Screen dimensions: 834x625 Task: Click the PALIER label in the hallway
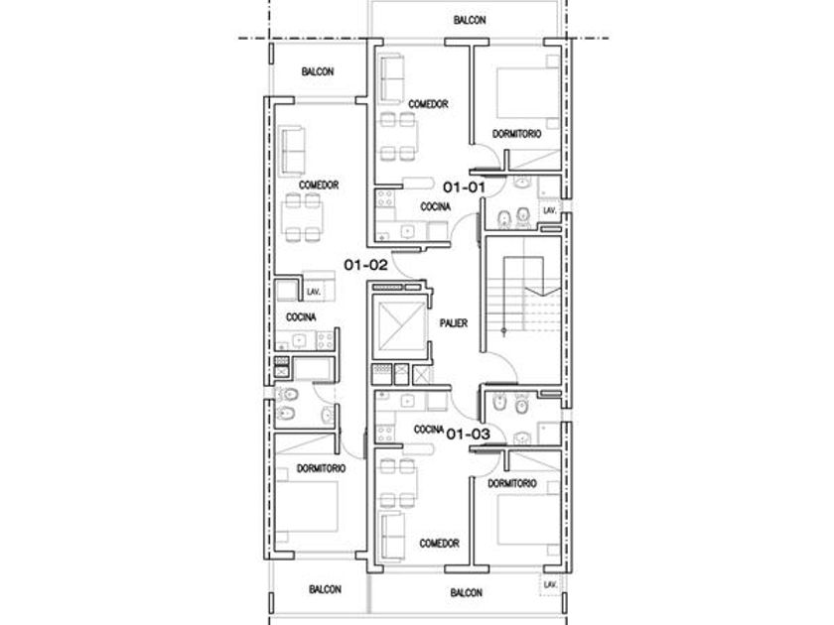coord(454,323)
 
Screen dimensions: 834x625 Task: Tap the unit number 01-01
coord(465,187)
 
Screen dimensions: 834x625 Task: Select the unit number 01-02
coord(366,265)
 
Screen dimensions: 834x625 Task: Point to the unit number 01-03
coord(468,435)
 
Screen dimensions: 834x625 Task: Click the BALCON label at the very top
coord(470,20)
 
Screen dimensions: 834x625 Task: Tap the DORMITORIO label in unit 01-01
coord(516,134)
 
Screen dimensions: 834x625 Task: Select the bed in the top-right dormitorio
coord(528,92)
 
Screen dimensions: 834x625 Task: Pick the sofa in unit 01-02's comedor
coord(292,151)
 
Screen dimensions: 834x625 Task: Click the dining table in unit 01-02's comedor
coord(302,218)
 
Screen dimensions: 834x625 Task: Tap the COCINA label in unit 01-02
coord(301,317)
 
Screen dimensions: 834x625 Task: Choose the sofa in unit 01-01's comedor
coord(391,77)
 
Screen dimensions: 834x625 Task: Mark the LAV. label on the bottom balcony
coord(550,584)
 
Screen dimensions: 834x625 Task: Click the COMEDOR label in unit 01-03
coord(439,544)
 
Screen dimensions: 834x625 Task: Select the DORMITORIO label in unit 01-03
coord(512,484)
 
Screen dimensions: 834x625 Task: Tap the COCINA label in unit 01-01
coord(435,206)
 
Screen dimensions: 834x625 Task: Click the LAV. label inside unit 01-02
coord(314,293)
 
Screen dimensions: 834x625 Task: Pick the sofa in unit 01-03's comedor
coord(391,536)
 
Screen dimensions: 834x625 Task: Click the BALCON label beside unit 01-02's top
coord(318,71)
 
